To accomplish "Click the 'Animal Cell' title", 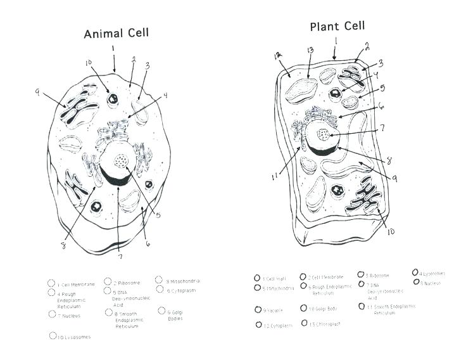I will [117, 33].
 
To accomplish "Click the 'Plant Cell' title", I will [337, 27].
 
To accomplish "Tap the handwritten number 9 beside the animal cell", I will [37, 93].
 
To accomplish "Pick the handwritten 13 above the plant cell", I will [310, 50].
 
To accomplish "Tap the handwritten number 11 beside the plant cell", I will [275, 177].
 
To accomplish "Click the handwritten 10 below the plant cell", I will [391, 232].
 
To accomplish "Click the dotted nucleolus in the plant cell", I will [324, 134].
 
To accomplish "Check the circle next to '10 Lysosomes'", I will [53, 337].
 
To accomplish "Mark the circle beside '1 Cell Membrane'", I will [51, 283].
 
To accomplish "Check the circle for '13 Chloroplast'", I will [304, 323].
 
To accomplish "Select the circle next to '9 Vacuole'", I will [258, 309].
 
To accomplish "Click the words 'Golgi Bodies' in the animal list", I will [175, 314].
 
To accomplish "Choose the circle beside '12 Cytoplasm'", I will [258, 325].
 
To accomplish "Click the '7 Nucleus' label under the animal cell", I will [68, 315].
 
